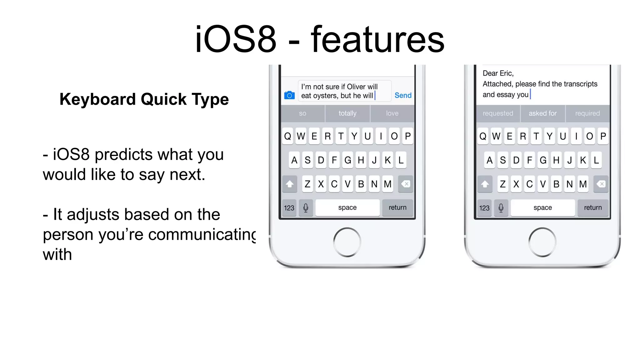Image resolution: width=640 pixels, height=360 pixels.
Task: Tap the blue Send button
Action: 403,95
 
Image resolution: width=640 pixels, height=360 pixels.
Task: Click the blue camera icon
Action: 289,95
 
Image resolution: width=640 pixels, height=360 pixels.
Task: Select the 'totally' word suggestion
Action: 347,113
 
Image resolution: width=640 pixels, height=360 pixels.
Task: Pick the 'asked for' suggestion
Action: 542,113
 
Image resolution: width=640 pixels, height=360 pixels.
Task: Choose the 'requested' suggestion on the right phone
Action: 498,113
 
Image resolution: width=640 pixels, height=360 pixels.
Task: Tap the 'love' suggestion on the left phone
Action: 392,113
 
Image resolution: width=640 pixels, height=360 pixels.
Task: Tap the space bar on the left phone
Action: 347,207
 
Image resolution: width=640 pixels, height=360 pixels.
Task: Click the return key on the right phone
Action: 592,207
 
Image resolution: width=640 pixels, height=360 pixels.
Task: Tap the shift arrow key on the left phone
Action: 289,184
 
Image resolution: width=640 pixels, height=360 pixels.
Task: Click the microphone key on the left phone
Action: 306,208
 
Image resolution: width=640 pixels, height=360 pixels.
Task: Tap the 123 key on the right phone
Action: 484,208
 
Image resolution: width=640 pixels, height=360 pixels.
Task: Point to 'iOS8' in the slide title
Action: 236,40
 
